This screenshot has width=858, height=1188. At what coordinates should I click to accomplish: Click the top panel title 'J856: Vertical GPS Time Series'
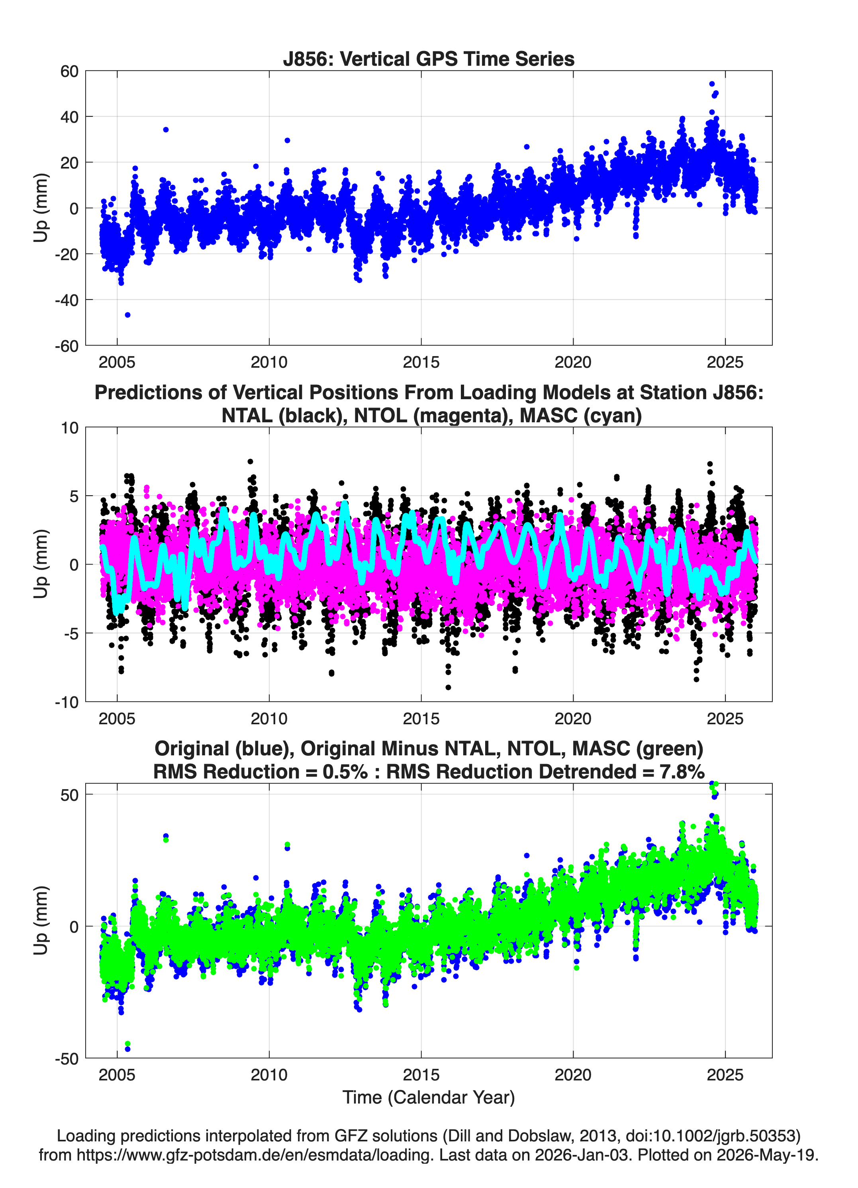[429, 59]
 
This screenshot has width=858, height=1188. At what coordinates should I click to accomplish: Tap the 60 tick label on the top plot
[70, 71]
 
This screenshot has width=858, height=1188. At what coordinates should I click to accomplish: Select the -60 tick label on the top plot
[67, 346]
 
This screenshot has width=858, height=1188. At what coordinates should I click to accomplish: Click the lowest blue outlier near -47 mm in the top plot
[127, 315]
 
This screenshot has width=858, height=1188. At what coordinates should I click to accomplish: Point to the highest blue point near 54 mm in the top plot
[712, 84]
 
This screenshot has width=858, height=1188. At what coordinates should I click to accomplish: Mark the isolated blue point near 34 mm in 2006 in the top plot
[166, 129]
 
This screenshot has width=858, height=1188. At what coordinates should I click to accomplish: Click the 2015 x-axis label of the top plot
[421, 362]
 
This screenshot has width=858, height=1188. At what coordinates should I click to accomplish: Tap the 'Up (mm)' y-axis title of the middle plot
[41, 564]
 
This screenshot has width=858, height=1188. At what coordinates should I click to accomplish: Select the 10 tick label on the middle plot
[70, 427]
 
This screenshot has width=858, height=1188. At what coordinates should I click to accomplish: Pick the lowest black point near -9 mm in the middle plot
[448, 687]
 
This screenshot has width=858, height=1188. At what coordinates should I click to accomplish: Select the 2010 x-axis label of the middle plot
[269, 719]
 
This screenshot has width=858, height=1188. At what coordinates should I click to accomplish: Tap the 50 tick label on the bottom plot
[70, 795]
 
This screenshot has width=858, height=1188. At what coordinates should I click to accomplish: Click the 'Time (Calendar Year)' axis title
[429, 1098]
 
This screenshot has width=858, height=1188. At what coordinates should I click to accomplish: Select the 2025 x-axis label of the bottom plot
[725, 1075]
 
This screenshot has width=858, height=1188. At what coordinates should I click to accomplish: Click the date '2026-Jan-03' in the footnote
[582, 1155]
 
